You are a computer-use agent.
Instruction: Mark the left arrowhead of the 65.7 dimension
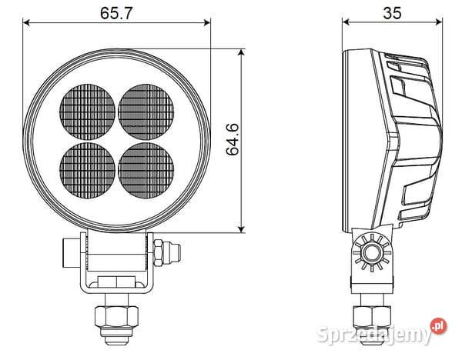[x=28, y=22]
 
